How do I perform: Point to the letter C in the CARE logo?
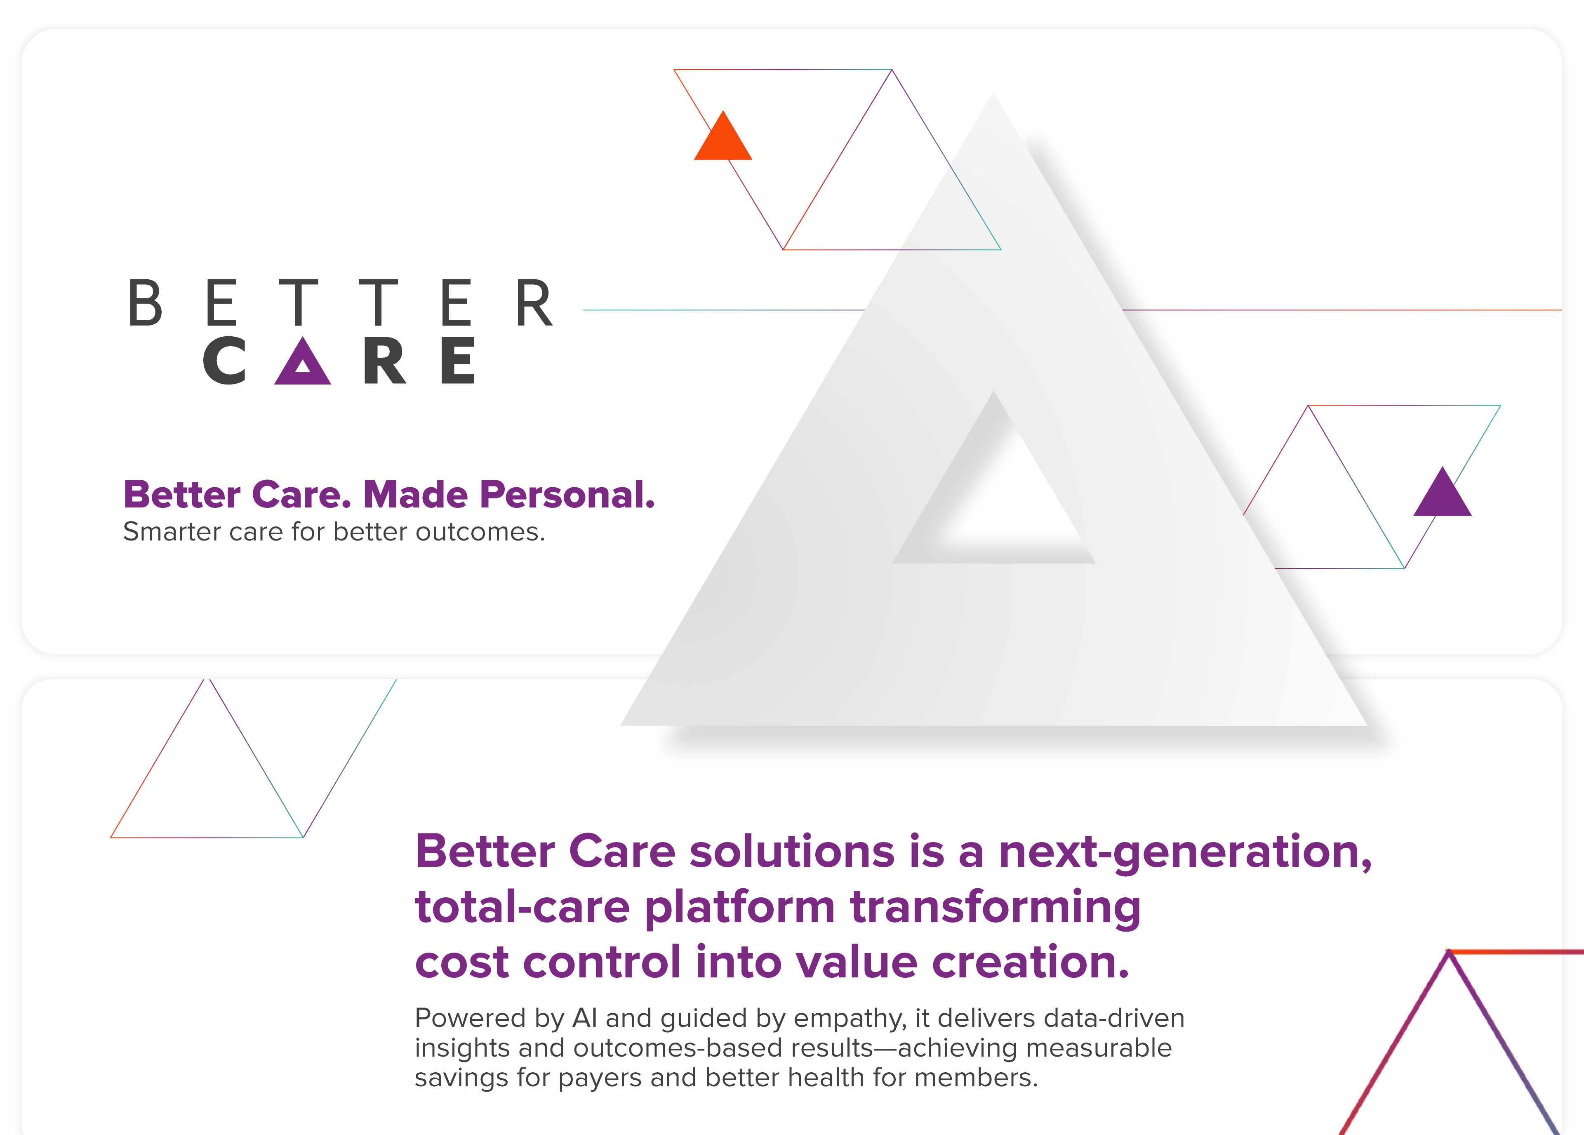click(x=225, y=361)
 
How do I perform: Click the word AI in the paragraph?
click(x=585, y=1018)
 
